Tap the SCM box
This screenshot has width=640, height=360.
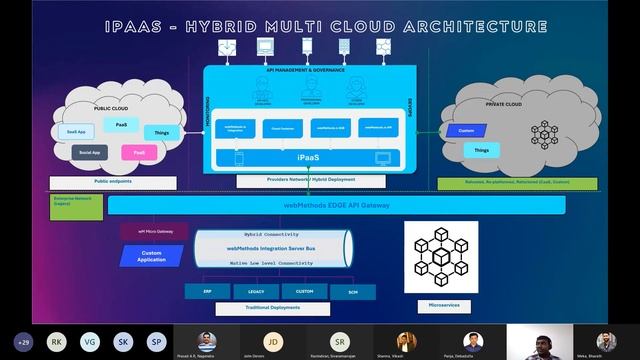click(324, 291)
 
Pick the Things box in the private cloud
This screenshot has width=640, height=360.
click(482, 151)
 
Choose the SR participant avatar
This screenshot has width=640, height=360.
click(341, 341)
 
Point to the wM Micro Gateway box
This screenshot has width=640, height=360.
click(155, 231)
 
